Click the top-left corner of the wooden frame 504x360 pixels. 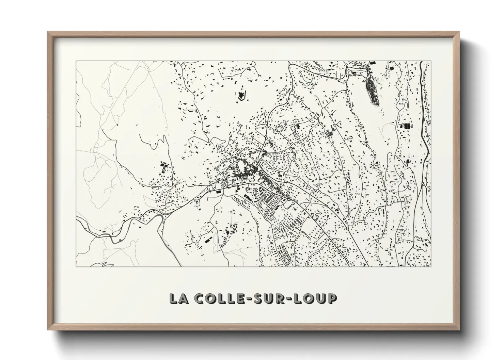[48, 32]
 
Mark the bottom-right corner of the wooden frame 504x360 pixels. [459, 330]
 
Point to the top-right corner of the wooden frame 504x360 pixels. [459, 32]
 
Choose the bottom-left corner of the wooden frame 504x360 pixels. [48, 330]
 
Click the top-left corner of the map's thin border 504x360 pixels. [76, 61]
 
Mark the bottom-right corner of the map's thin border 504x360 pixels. [431, 266]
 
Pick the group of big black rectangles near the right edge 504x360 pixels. [406, 126]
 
